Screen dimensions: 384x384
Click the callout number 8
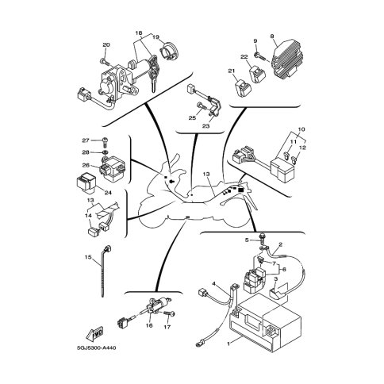tap(271, 36)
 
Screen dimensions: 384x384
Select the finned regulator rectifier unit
tap(287, 58)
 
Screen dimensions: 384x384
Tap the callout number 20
tap(106, 45)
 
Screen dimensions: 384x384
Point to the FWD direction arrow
tap(94, 334)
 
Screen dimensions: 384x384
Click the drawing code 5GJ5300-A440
tap(97, 348)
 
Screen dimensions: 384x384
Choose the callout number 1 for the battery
tap(228, 344)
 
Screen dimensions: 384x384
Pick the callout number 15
tap(88, 257)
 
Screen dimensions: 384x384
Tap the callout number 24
tap(108, 193)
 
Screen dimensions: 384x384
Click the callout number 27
tap(86, 140)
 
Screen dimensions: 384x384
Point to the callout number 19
tap(156, 37)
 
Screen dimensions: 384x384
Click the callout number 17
tap(167, 327)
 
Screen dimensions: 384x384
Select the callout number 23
tap(205, 126)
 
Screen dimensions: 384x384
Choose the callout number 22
tap(244, 56)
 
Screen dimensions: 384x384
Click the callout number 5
tap(247, 240)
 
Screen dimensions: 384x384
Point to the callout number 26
tap(86, 165)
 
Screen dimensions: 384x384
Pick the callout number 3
tap(275, 279)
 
